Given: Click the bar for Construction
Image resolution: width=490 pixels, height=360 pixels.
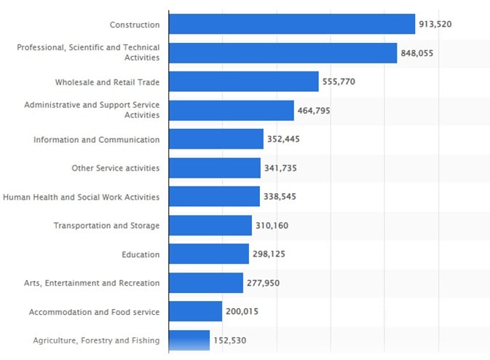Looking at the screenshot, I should pos(291,24).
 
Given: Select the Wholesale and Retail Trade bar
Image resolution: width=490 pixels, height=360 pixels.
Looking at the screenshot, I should pos(243,82).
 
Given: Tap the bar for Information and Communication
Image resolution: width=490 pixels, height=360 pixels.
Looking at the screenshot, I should pos(216,139).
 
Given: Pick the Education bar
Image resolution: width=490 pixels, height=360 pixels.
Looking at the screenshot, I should pos(208,254).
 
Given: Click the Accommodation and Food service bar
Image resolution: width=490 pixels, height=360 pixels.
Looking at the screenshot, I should pos(195,311).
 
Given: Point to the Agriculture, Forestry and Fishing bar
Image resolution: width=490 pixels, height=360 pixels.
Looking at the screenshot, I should pos(189,340).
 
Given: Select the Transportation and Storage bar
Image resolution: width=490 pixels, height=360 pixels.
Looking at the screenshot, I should pos(210,225).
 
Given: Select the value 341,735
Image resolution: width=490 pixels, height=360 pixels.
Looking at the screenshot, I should pos(280,168).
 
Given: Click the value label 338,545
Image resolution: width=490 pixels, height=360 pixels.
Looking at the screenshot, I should pos(280,197).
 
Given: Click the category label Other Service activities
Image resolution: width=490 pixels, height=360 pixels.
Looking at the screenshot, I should pos(115,168).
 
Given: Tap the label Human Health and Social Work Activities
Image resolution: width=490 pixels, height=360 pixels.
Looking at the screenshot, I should pos(81,197).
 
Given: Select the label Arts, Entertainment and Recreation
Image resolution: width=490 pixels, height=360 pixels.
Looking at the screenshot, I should pos(91,283).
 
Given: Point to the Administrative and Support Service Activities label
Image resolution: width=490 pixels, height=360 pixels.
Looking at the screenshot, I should pos(91,110).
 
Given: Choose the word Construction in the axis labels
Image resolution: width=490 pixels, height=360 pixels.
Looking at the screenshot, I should pos(134,25).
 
